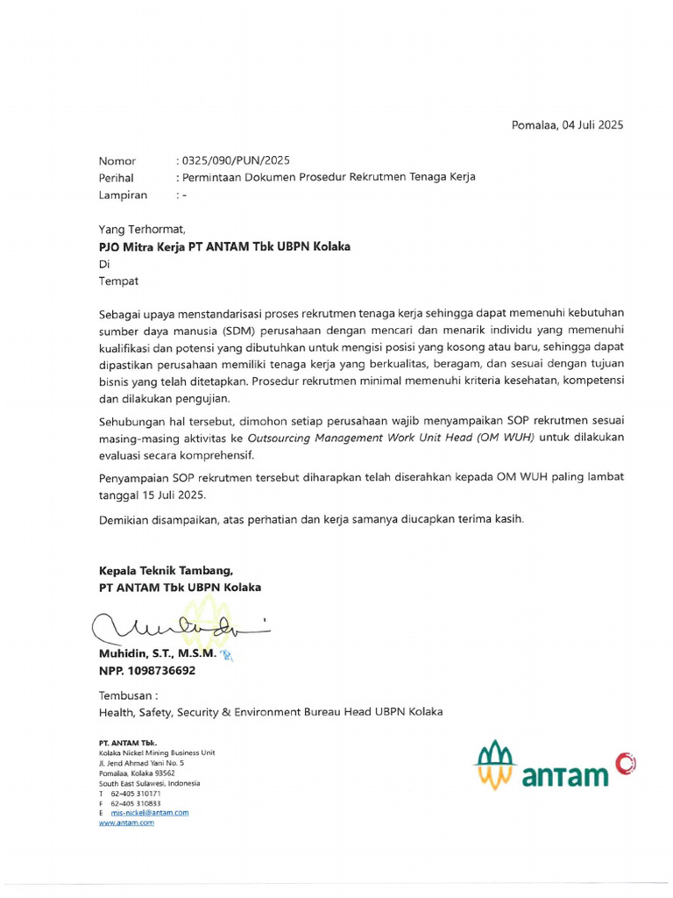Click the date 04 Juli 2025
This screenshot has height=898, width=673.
tap(592, 125)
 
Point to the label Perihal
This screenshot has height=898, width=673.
tap(116, 177)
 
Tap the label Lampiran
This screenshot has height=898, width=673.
tap(123, 195)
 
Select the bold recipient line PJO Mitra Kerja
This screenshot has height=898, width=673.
tap(224, 246)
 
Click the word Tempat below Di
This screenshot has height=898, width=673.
tap(118, 282)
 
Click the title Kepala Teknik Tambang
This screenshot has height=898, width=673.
tap(166, 570)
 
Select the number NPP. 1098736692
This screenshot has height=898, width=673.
tap(147, 671)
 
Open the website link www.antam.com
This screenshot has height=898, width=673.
tap(126, 823)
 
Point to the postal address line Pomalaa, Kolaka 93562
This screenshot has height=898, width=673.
tap(137, 773)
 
